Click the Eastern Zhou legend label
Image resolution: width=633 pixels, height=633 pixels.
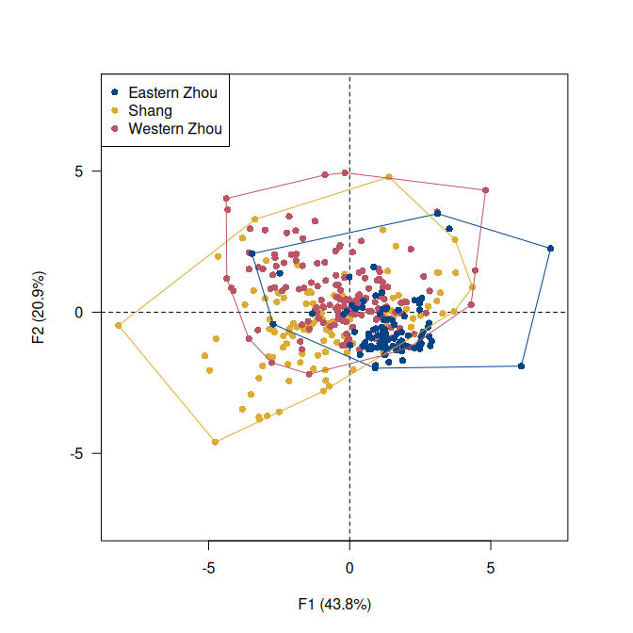point(172,92)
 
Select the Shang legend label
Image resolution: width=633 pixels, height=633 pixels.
point(150,110)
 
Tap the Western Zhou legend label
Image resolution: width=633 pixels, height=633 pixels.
point(175,128)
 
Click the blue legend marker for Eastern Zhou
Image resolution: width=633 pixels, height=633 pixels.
point(115,92)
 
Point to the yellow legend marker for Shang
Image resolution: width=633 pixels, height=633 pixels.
point(115,110)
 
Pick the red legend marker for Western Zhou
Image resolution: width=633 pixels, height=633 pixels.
point(115,128)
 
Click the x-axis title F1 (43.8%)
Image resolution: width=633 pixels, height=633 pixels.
point(334,604)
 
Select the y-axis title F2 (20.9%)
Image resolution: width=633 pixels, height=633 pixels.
point(39,309)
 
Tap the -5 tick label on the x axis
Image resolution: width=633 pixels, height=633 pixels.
point(208,569)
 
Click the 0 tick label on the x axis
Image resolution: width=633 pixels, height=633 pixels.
point(349,569)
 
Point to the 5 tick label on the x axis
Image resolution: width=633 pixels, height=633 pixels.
point(490,569)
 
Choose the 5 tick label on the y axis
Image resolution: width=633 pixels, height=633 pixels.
point(81,171)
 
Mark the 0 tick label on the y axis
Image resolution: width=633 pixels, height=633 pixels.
point(81,313)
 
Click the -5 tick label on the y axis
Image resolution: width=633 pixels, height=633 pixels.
point(78,453)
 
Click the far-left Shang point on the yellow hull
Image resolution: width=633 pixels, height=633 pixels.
point(119,326)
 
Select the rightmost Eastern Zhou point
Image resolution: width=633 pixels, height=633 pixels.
point(551,249)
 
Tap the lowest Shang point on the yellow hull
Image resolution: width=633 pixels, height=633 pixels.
point(216,442)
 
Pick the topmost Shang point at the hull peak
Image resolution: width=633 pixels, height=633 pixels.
point(389,177)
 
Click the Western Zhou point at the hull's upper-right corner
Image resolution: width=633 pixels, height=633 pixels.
point(485,190)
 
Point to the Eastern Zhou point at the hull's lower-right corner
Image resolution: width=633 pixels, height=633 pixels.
point(521,366)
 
